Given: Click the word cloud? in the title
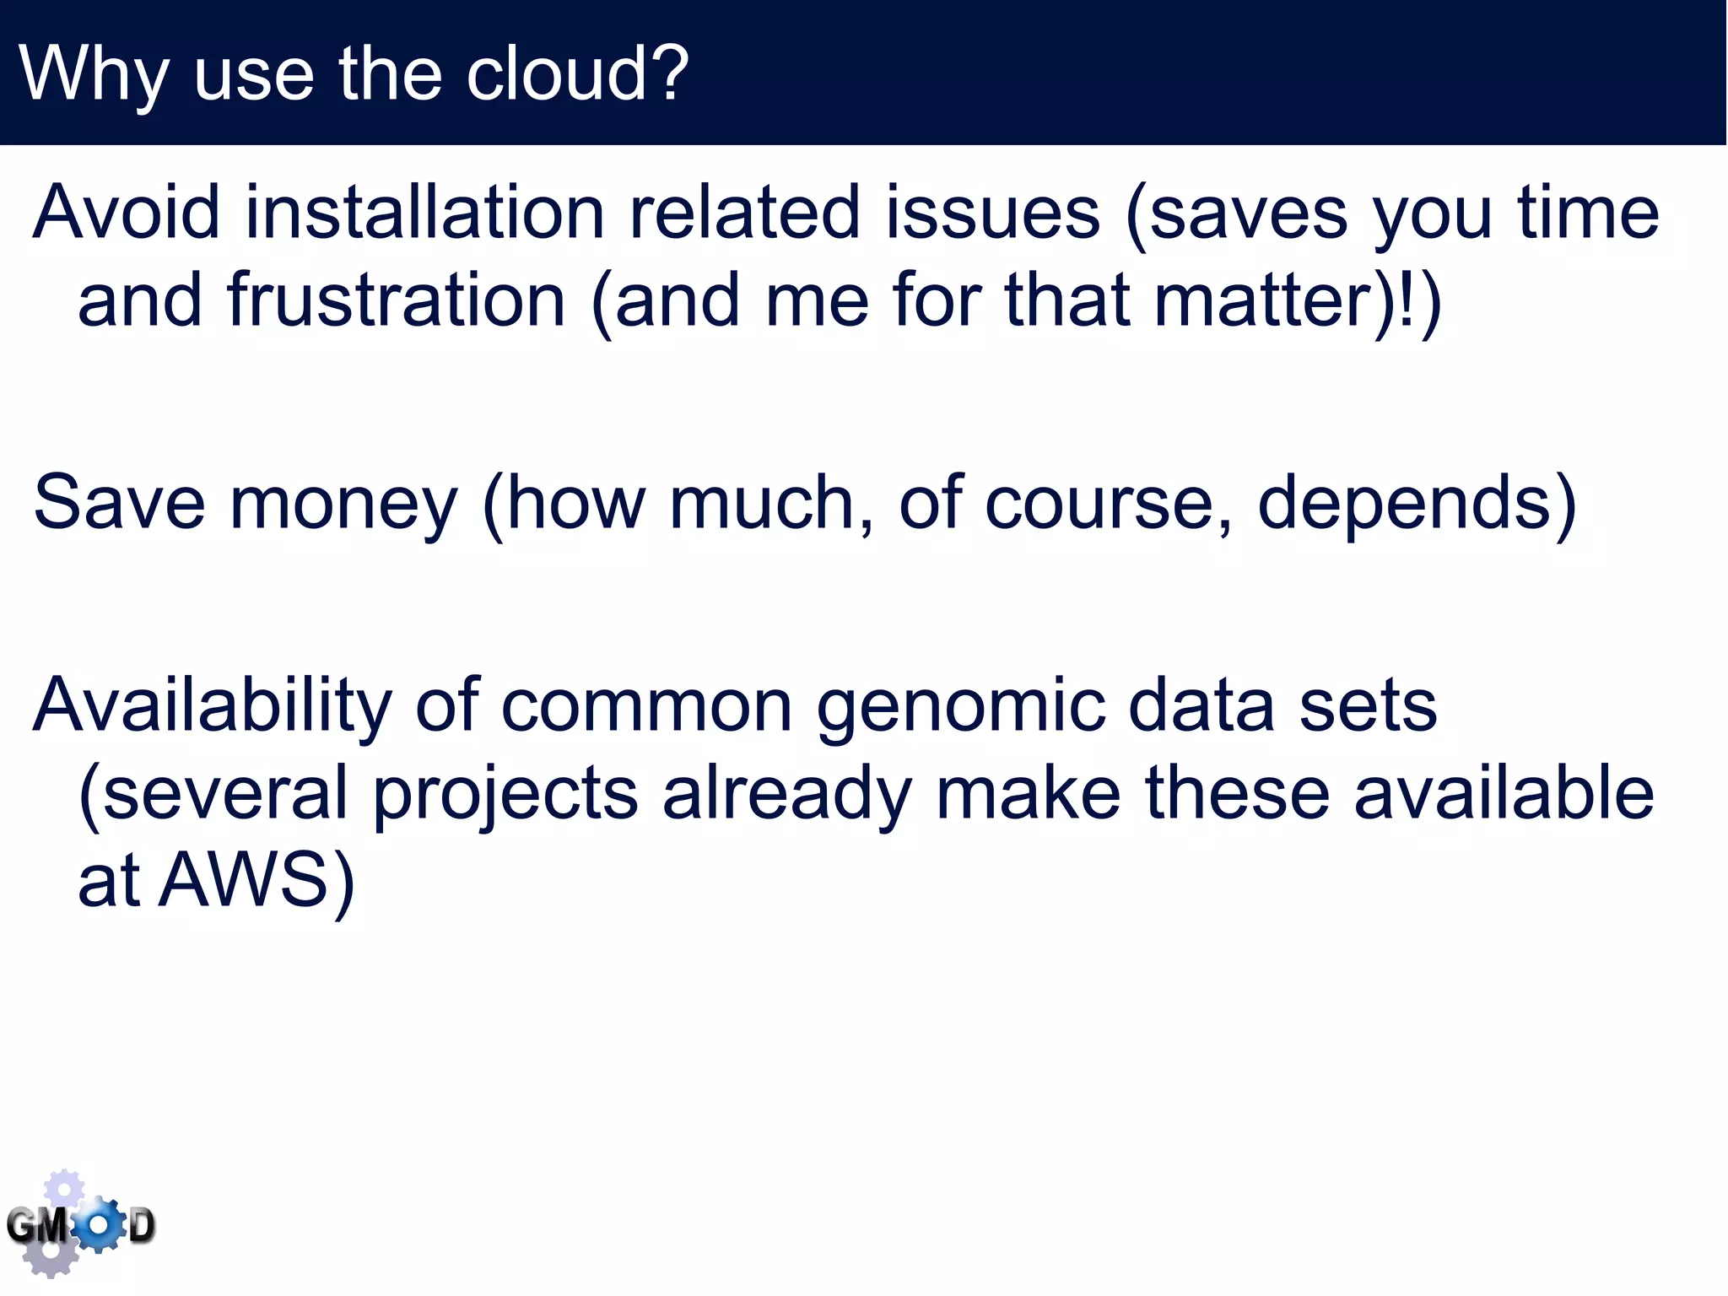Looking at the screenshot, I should (577, 74).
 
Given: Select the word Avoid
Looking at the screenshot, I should (127, 213).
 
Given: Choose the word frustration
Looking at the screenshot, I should (396, 301).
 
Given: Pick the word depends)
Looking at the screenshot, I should (1417, 505).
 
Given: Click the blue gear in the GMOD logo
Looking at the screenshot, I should (100, 1224).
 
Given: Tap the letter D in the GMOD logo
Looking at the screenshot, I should (141, 1226).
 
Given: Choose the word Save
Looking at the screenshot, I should (119, 505).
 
